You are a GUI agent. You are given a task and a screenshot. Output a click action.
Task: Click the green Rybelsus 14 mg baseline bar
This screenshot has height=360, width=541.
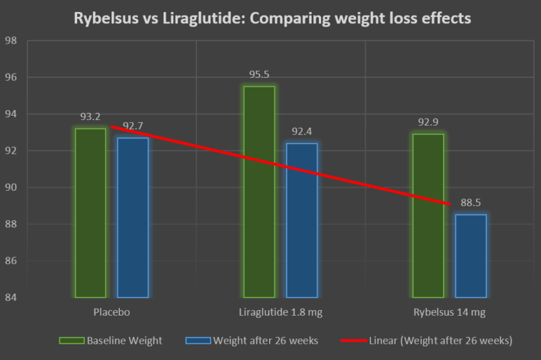point(428,215)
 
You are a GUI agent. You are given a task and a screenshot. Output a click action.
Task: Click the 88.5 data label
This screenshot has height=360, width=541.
point(471,203)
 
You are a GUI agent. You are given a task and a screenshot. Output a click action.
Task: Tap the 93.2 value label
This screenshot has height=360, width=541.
point(91,116)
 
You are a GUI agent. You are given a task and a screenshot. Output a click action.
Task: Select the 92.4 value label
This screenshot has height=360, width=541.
point(302,131)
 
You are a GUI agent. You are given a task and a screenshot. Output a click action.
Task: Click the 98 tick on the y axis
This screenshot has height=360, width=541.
point(11,41)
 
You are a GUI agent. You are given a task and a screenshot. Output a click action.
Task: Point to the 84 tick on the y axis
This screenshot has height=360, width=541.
point(11,297)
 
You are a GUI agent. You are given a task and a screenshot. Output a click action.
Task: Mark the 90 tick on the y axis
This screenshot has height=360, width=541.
point(11,187)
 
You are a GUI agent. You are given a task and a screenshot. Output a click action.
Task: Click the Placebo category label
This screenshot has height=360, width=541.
point(111,312)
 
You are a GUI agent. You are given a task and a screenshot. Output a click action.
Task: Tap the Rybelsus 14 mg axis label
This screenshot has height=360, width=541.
point(450,312)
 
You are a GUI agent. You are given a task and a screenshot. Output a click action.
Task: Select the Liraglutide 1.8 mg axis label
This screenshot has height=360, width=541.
point(280,312)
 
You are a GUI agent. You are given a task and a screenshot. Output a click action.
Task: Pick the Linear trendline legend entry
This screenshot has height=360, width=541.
point(435,341)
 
